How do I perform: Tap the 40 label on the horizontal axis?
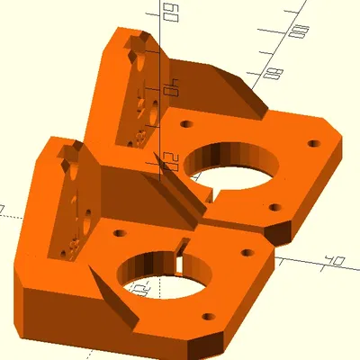(x=335, y=261)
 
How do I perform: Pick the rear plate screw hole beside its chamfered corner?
(x=312, y=143)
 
